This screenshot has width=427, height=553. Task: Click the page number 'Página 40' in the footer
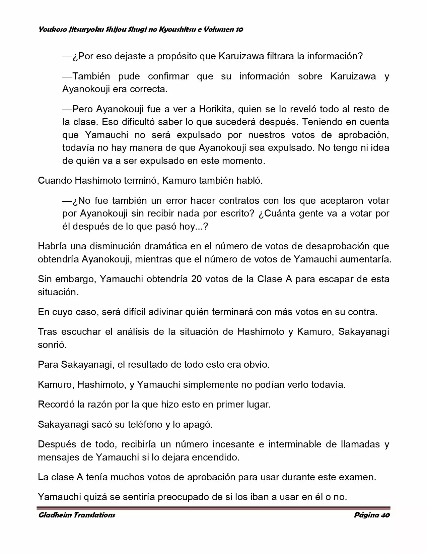coord(372,515)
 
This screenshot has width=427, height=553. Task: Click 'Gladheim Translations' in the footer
coord(77,515)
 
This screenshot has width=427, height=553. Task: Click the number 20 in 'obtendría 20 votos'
coord(196,279)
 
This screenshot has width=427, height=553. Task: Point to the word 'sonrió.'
coord(52,345)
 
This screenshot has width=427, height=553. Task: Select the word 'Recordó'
coord(56,405)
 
